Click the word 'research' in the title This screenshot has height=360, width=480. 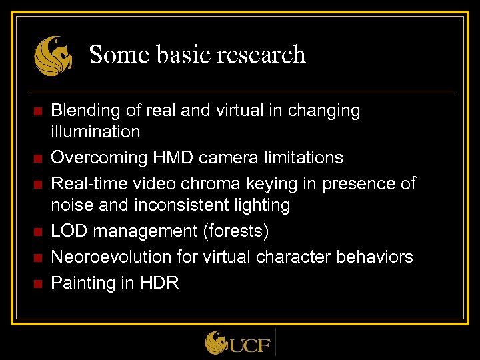tap(265, 54)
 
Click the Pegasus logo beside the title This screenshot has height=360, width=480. tap(53, 55)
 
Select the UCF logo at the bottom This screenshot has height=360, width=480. tap(239, 343)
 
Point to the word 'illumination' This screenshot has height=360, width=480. tap(96, 131)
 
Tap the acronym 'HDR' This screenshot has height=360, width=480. tap(159, 283)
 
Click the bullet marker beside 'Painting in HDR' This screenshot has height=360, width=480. tap(37, 283)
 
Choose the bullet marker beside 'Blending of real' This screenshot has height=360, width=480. tap(37, 111)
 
